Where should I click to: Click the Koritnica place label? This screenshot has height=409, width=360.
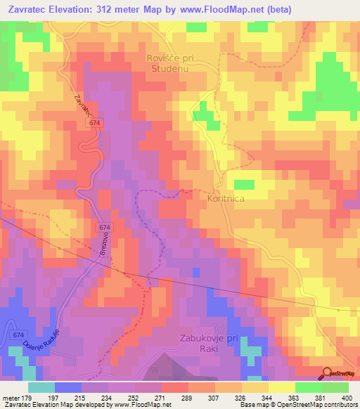[227, 200]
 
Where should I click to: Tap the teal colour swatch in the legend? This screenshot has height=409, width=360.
[41, 387]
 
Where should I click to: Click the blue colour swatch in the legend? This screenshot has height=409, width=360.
[68, 387]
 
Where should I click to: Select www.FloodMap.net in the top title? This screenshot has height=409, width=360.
[210, 9]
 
